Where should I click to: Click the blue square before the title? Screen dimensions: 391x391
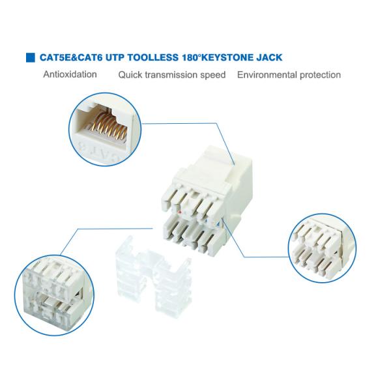coord(31,57)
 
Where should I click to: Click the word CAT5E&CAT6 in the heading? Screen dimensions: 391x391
coord(71,57)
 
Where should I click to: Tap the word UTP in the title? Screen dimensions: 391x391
coord(115,57)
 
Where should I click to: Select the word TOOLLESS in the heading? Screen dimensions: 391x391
coord(153,57)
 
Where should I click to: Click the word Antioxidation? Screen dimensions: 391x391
coord(70,74)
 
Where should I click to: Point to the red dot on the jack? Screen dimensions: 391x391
coord(180,212)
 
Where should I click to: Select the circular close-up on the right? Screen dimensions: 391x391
coord(322,248)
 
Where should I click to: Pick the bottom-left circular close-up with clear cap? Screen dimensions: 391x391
coord(55,295)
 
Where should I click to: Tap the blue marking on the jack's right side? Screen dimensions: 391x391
coord(218,223)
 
